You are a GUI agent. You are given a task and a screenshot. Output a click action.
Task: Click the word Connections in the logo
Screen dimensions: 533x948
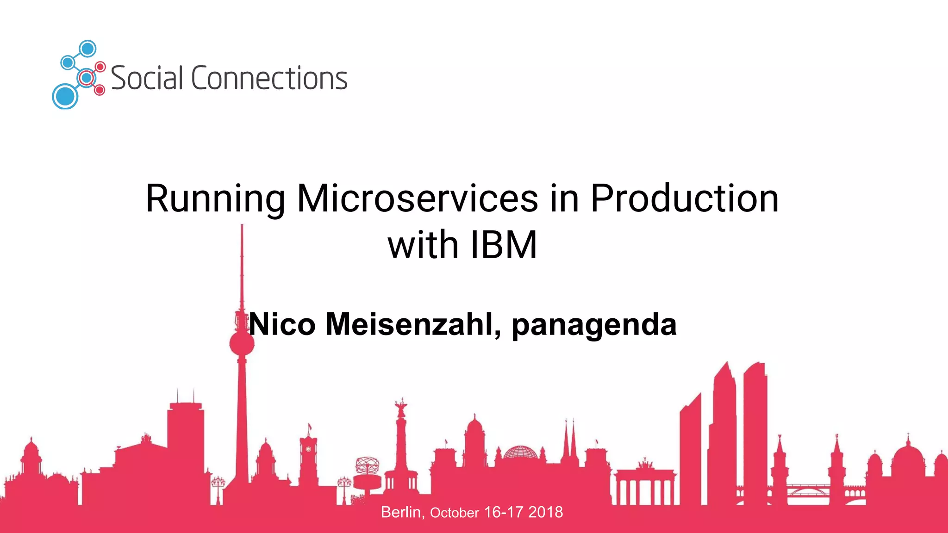269,78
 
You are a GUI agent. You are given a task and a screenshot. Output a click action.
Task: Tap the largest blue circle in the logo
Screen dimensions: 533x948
65,96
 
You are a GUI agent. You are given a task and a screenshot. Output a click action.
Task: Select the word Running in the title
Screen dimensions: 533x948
215,199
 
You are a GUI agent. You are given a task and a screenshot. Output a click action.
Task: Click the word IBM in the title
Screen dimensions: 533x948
504,245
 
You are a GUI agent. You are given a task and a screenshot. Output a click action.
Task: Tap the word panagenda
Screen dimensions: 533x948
594,325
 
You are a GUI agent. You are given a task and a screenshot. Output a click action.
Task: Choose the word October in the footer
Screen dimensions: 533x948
454,513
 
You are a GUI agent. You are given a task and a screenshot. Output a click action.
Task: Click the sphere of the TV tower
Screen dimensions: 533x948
242,344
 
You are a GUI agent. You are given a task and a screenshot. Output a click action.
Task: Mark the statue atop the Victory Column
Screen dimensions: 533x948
401,407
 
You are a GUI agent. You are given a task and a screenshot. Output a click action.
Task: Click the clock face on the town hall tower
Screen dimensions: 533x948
308,449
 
